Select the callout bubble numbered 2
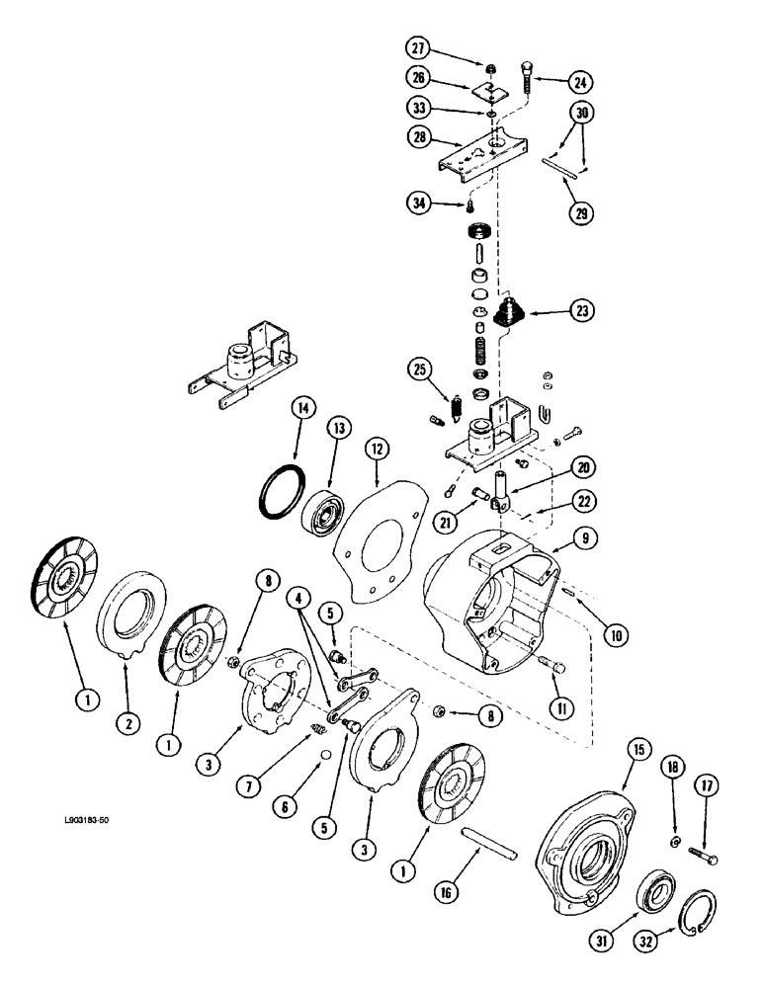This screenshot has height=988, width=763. point(127,723)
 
